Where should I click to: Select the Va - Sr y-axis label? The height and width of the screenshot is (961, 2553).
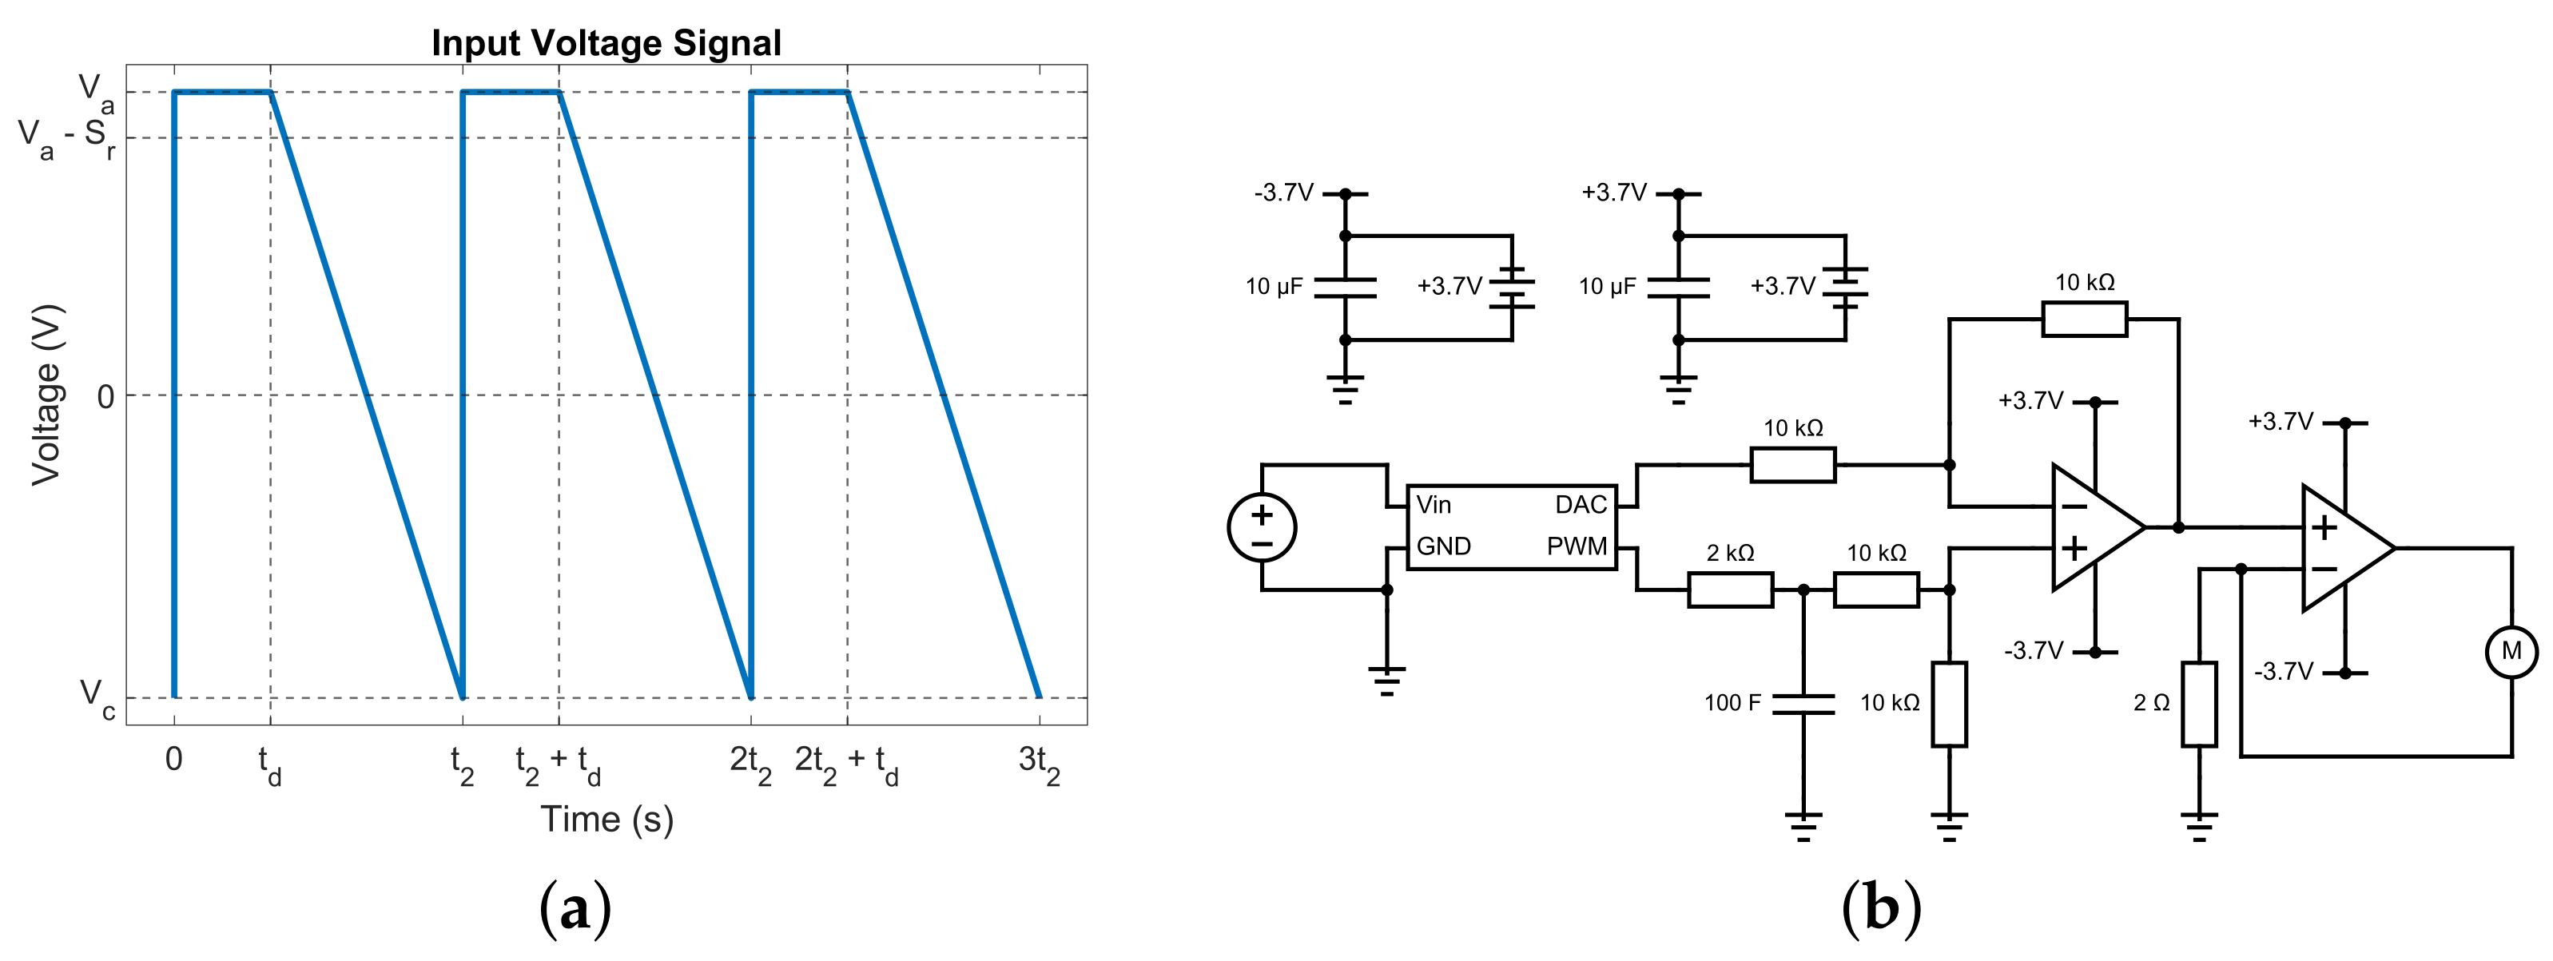coord(66,137)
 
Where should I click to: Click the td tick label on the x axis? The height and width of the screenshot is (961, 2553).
coord(269,764)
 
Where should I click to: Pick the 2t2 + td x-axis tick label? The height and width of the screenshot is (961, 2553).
coord(846,764)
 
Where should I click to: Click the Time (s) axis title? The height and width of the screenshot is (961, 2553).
coord(606,820)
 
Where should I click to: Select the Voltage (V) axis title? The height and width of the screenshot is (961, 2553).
coord(46,395)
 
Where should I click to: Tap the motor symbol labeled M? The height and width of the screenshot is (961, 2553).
coord(2511,652)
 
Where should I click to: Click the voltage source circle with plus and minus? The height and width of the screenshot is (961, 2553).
coord(1262,527)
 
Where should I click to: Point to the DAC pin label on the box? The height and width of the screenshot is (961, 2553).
coord(1580,506)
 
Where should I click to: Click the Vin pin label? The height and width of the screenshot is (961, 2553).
coord(1434,506)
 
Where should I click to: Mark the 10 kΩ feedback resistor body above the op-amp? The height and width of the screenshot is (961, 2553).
coord(2084,319)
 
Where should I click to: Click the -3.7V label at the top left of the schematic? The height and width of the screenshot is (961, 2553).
coord(1283,193)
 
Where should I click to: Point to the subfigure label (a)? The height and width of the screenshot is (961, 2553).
coord(575,907)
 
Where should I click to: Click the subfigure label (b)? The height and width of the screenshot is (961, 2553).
coord(1880,907)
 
